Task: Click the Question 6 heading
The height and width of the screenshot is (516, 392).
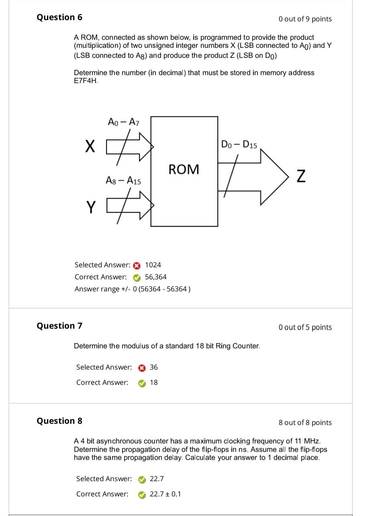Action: tap(59, 17)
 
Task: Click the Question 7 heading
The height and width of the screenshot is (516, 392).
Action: tap(59, 325)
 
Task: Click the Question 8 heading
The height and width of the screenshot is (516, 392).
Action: tap(59, 421)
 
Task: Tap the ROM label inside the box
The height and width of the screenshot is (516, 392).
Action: tap(184, 169)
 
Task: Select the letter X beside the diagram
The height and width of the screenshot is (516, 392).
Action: tap(90, 146)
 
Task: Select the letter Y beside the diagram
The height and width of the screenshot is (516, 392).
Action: tap(91, 207)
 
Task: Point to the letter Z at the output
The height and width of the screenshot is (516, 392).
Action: tap(301, 176)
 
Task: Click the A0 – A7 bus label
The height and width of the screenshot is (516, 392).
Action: tap(123, 122)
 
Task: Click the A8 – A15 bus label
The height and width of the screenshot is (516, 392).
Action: tap(123, 181)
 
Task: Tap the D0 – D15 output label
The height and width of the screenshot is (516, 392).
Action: tap(239, 144)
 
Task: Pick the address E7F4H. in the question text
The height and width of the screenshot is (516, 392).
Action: tap(86, 81)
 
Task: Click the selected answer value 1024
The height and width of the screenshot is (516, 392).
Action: tap(153, 265)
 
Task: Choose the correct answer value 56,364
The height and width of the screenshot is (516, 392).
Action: tap(156, 277)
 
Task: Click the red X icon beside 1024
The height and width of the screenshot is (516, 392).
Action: tap(137, 265)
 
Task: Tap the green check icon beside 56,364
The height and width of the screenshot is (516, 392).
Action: tap(137, 277)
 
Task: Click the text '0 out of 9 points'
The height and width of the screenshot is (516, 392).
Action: tap(305, 19)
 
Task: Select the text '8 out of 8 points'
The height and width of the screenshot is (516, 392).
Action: tap(305, 423)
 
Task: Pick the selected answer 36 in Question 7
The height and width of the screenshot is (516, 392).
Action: tap(154, 367)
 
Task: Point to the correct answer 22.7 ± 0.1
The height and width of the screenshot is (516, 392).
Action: tap(165, 494)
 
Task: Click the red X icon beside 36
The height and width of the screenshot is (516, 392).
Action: tap(142, 368)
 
